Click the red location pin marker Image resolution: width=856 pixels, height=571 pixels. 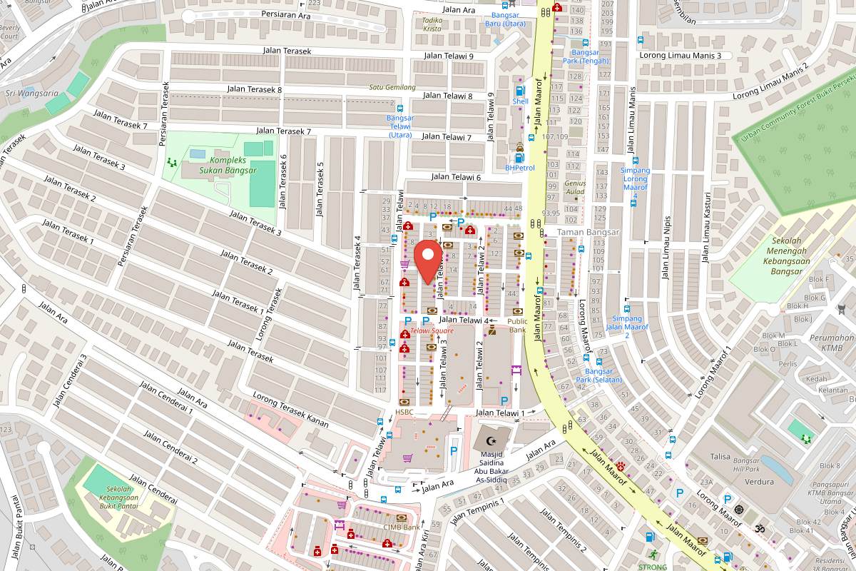[x=427, y=261]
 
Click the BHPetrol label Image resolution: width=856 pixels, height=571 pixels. [x=519, y=168]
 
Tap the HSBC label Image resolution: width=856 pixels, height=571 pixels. [x=404, y=413]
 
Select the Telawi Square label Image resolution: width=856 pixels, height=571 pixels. [x=432, y=330]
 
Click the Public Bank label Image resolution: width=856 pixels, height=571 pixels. [x=517, y=325]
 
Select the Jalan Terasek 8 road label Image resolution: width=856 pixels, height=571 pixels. [x=254, y=89]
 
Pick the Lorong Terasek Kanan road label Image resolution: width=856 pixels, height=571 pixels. [x=290, y=412]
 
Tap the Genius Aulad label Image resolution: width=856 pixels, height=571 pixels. [x=575, y=187]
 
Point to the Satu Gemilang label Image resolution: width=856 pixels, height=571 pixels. [x=392, y=87]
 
